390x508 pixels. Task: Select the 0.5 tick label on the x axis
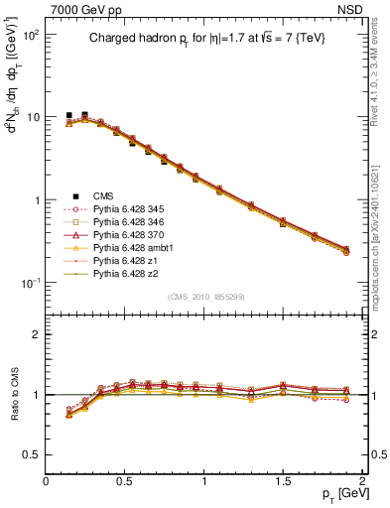[125, 480]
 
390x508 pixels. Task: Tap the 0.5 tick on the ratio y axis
[33, 454]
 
